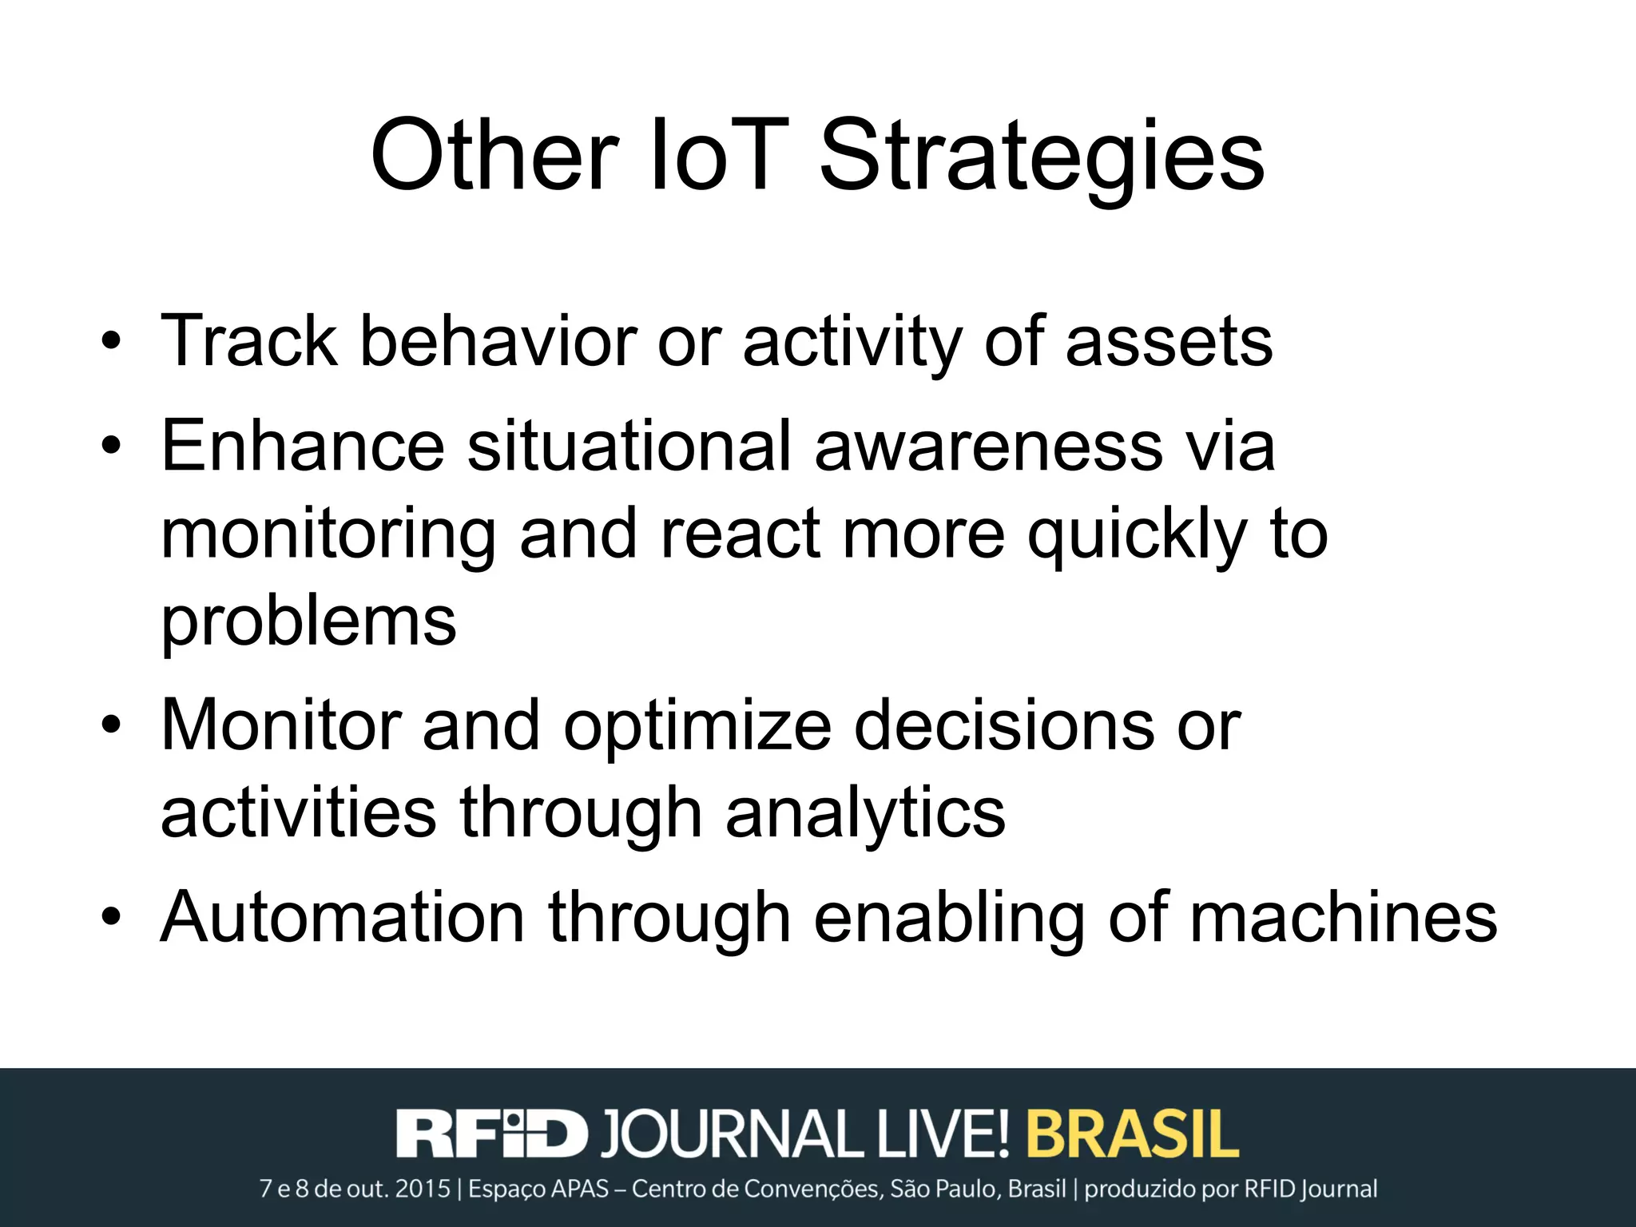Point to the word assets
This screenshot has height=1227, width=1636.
coord(1169,343)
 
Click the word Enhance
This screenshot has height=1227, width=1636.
coord(303,446)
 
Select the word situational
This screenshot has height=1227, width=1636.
coord(629,446)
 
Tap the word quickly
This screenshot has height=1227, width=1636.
coord(1137,534)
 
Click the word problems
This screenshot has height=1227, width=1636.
coord(308,623)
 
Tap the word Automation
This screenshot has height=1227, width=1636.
coord(343,917)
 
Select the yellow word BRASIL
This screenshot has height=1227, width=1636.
coord(1132,1133)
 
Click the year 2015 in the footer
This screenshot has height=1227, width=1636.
coord(423,1189)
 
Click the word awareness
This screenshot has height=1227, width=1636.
coord(988,446)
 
